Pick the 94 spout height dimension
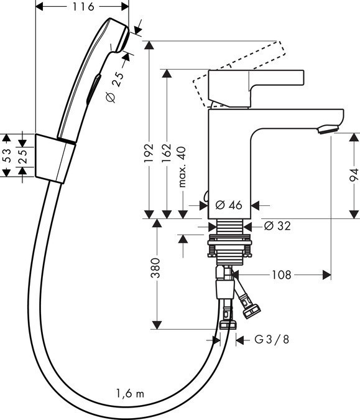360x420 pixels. (x=352, y=175)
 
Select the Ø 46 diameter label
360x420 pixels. (x=228, y=205)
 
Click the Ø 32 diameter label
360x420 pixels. (x=277, y=226)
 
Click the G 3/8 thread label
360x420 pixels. (x=271, y=339)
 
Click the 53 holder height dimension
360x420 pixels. (x=7, y=155)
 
